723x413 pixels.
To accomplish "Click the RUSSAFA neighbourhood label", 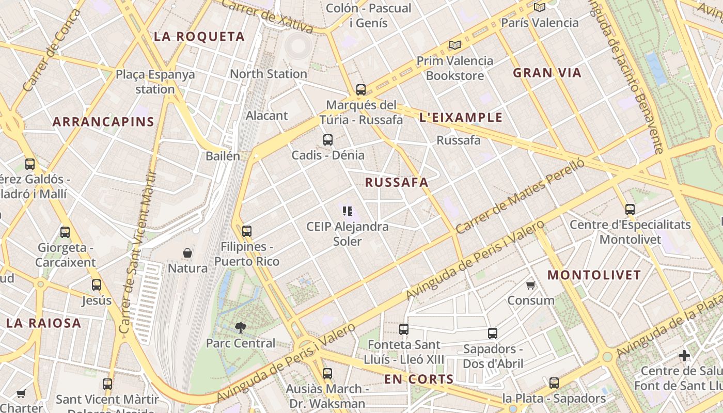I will (x=397, y=182).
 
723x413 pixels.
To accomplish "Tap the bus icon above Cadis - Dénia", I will (x=327, y=140).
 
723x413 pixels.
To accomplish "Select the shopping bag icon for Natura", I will (x=187, y=253).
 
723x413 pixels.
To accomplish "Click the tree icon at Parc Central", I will (x=240, y=327).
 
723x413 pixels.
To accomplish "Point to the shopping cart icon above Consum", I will (x=530, y=285).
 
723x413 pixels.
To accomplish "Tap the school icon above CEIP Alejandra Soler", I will (x=347, y=211).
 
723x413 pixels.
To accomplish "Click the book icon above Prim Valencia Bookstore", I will (x=454, y=45).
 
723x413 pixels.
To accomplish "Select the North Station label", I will (x=268, y=74).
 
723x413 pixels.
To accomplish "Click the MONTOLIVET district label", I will (x=594, y=275).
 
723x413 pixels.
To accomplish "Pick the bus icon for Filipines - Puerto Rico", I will (x=247, y=231).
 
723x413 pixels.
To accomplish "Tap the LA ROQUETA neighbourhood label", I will (x=199, y=37).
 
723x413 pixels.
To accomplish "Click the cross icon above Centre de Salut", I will (x=684, y=356).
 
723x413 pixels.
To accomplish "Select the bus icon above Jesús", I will (x=97, y=285).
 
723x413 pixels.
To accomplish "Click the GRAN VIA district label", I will (x=547, y=73).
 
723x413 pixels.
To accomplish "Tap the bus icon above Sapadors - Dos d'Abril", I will (x=493, y=333).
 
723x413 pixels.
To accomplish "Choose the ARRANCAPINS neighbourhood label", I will (x=103, y=122).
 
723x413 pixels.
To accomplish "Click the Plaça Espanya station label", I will (x=155, y=82).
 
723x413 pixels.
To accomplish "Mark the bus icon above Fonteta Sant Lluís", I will (x=404, y=329).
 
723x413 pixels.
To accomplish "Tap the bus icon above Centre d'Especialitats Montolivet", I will (x=630, y=209).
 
